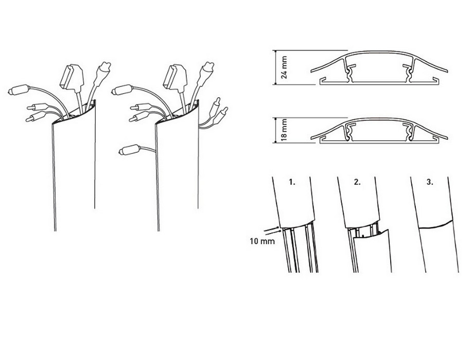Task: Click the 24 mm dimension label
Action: (x=284, y=67)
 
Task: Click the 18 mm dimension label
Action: (x=284, y=130)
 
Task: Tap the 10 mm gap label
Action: (x=262, y=241)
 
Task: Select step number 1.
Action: (x=292, y=182)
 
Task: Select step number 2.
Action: (x=357, y=182)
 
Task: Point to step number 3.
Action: (x=430, y=182)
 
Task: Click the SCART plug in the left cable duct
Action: (x=72, y=78)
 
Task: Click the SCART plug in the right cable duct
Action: (x=174, y=78)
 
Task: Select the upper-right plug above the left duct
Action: (x=103, y=70)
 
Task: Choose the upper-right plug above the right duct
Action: (x=206, y=70)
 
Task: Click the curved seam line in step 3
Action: (x=436, y=225)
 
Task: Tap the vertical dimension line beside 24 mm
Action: (x=275, y=67)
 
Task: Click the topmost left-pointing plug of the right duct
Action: (x=122, y=90)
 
